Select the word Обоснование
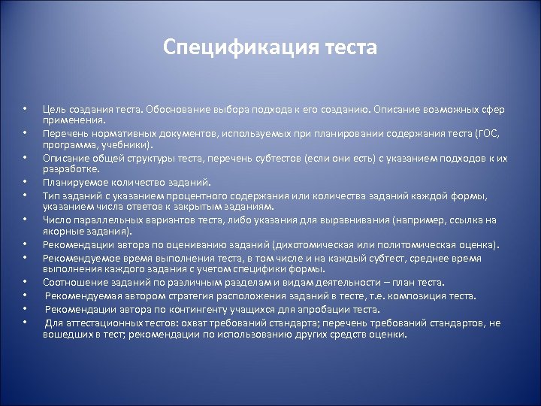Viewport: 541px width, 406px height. tap(168, 110)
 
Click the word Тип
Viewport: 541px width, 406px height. tap(51, 195)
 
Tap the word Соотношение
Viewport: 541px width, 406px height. tap(74, 283)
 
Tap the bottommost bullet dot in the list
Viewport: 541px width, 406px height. tap(25, 323)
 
